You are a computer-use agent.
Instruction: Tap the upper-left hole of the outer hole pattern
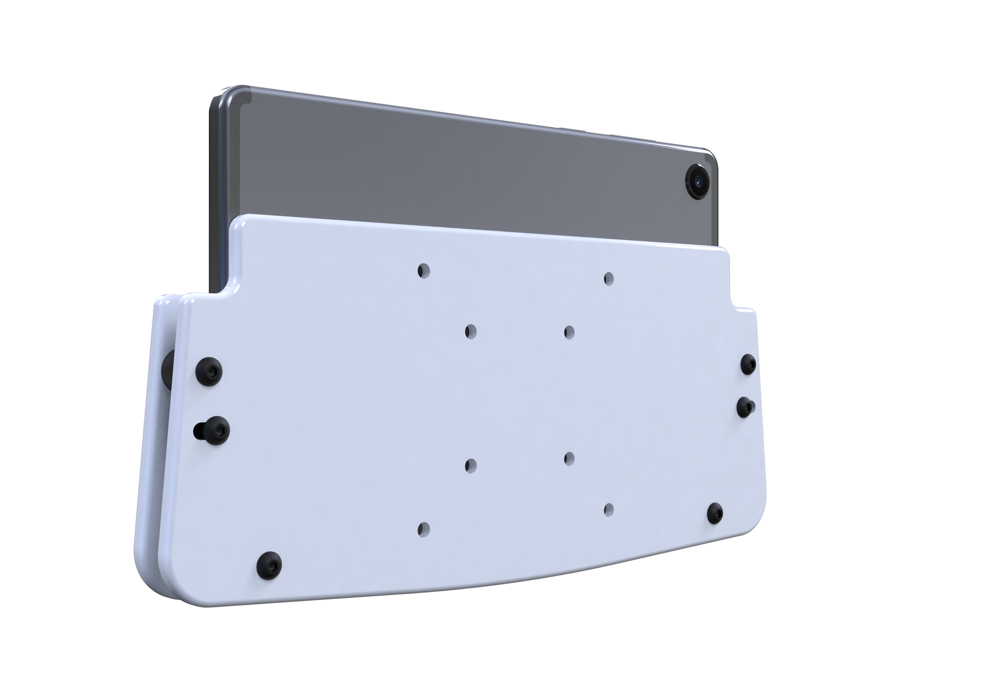pyautogui.click(x=423, y=270)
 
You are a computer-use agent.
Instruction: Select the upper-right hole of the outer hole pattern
pyautogui.click(x=608, y=279)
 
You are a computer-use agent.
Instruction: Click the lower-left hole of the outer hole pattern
pyautogui.click(x=423, y=529)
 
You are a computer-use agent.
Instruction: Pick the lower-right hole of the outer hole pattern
pyautogui.click(x=608, y=509)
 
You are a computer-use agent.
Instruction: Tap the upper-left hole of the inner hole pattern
pyautogui.click(x=470, y=331)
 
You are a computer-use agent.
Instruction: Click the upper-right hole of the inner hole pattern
pyautogui.click(x=569, y=332)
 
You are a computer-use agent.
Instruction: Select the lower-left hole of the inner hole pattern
pyautogui.click(x=470, y=465)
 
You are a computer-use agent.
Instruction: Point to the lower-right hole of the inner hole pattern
pyautogui.click(x=569, y=457)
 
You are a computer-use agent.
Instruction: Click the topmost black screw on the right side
pyautogui.click(x=749, y=363)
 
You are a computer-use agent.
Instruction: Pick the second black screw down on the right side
pyautogui.click(x=745, y=406)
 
